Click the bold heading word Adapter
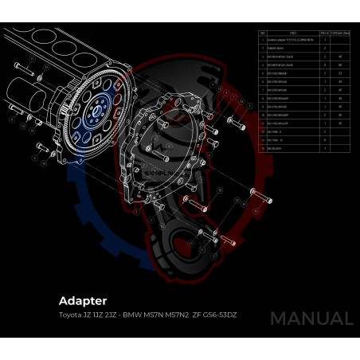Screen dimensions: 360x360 coord(83,302)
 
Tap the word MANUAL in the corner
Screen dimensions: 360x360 coord(311,318)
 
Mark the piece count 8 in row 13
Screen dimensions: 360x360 coord(325,139)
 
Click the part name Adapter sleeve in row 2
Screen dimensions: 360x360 coord(280,48)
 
